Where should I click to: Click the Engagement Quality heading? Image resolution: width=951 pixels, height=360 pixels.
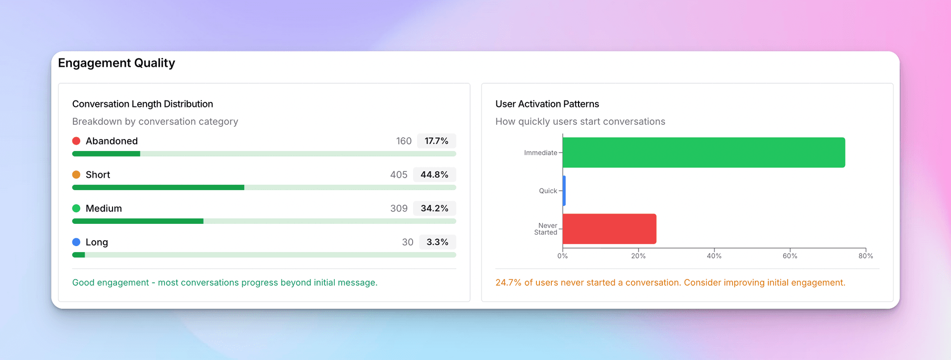point(116,63)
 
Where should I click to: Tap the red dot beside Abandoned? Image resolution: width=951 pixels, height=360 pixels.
point(76,141)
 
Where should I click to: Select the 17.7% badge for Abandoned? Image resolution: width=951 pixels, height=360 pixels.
point(436,141)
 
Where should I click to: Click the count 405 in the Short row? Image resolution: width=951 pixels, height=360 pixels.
point(398,175)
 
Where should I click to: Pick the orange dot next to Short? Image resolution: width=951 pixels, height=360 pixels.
point(76,175)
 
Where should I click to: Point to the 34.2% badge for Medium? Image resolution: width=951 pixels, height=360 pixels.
point(434,208)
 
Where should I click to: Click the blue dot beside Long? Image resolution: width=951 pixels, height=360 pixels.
point(76,242)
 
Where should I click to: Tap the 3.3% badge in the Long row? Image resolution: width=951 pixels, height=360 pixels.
point(437,242)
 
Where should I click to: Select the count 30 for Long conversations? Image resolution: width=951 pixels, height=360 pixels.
point(407,242)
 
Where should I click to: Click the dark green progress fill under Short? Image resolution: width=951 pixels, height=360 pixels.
point(158,188)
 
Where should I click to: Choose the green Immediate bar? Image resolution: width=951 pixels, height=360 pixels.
point(703,153)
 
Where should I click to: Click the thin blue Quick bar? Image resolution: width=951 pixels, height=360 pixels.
point(564,191)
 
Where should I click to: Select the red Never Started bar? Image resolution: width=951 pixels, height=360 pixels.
point(609,229)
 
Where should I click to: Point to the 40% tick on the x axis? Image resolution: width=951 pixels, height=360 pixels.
point(714,256)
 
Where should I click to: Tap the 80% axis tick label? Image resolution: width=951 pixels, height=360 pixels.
point(865,256)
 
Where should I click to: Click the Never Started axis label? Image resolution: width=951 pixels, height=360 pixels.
point(546,229)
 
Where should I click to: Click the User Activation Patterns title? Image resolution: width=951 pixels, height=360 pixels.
point(547,104)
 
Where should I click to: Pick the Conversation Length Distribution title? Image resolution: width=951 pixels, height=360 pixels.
point(143,104)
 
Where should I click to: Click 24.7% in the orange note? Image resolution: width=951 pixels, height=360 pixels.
point(508,283)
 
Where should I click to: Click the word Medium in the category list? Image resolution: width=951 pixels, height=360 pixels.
point(104,208)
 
